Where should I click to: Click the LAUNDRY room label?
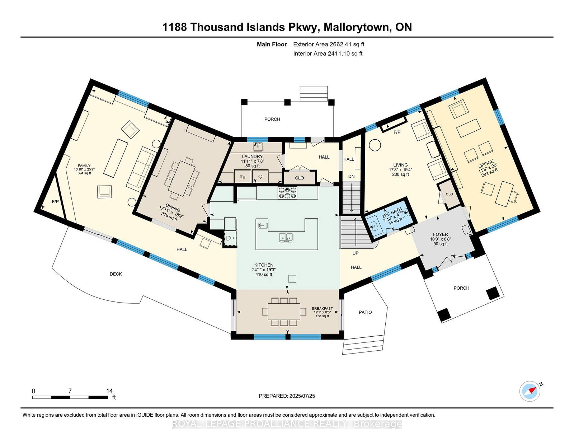tap(252, 156)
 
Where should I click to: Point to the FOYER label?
tap(440, 234)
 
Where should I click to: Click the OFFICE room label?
tap(486, 164)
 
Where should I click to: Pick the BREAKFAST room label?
tap(322, 308)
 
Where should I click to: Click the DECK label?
tap(116, 274)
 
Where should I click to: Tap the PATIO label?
tap(365, 312)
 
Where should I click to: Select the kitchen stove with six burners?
tap(288, 193)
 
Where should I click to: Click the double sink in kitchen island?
tap(286, 237)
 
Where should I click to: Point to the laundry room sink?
tap(257, 147)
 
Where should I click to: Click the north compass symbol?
tap(530, 391)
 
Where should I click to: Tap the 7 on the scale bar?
tap(70, 391)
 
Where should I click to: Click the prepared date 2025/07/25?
tap(302, 396)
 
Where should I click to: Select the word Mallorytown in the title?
tap(357, 27)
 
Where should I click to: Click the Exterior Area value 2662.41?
tap(340, 45)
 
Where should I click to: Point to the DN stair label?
tap(352, 176)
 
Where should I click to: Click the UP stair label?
tap(356, 253)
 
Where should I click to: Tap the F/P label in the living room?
tap(397, 132)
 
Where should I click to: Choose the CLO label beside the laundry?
tap(299, 178)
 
